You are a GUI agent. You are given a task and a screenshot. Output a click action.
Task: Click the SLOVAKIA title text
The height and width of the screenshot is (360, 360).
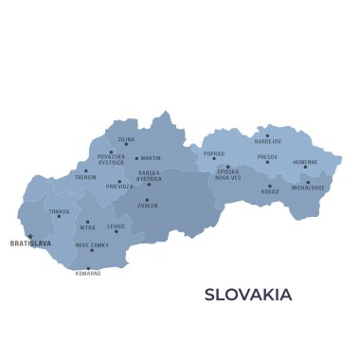point(248,295)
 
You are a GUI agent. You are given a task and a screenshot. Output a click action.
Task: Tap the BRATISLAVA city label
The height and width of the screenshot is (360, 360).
point(29,243)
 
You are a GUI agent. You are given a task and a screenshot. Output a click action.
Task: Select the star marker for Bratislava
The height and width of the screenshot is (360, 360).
point(29,236)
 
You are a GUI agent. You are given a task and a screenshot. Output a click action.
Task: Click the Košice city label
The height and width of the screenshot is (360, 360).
point(270,191)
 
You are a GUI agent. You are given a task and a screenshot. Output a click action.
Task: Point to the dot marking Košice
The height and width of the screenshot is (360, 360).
point(270,185)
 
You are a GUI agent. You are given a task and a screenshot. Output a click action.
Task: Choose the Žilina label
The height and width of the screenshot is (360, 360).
point(126,139)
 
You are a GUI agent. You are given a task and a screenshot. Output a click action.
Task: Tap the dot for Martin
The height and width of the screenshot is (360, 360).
point(136,158)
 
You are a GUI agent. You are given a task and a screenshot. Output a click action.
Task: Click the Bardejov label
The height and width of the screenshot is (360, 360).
point(268,142)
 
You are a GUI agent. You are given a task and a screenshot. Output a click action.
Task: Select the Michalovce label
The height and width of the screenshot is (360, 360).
point(308,188)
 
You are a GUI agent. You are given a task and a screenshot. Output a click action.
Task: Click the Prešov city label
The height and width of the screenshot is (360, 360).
point(267,156)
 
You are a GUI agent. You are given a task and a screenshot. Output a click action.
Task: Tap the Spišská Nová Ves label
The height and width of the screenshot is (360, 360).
point(227,174)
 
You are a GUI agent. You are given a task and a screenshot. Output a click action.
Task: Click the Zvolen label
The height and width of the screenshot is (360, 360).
point(147,206)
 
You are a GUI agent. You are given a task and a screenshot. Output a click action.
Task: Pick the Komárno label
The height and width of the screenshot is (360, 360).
point(88,273)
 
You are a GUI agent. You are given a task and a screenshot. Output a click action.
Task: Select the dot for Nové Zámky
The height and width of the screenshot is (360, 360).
point(92,250)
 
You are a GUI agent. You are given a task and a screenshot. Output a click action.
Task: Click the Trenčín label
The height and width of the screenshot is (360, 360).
point(85,177)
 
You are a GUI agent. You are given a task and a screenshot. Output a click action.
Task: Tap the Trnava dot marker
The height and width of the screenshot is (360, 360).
point(59,216)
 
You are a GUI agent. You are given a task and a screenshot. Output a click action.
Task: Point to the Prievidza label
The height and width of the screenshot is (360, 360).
point(119,187)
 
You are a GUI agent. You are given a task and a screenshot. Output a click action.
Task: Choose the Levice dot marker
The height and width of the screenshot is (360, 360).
point(117,231)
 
